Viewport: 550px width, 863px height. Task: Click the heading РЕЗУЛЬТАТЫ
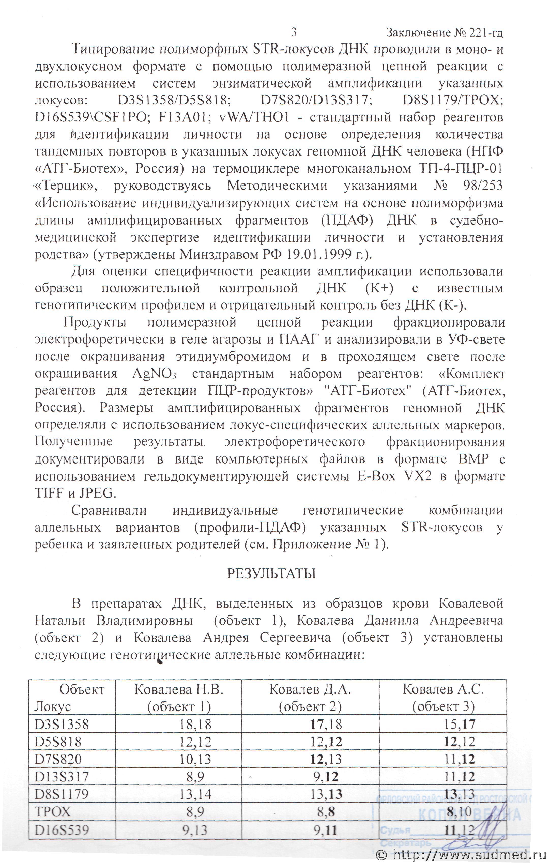coord(271,574)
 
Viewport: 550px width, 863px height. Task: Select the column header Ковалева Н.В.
coord(179,689)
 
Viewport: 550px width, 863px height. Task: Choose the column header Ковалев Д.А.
coord(310,689)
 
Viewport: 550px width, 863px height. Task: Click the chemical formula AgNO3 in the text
coord(154,374)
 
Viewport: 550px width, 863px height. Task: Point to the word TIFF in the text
coord(49,493)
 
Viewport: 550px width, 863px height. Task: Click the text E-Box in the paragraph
coord(376,476)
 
